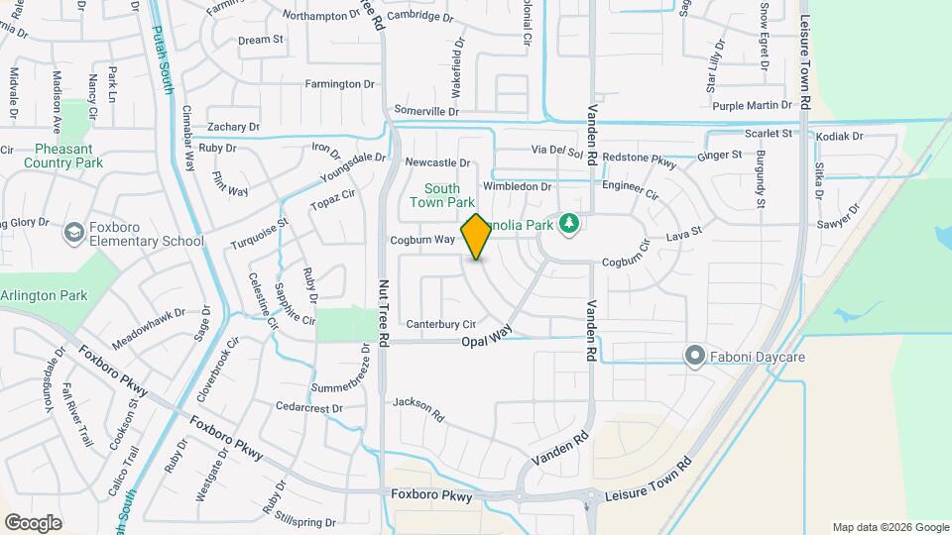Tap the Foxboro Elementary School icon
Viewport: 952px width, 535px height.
coord(72,233)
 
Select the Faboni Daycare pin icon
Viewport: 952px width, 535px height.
coord(695,355)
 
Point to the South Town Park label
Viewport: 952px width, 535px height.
coord(442,195)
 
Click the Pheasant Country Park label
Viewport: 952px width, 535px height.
coord(63,155)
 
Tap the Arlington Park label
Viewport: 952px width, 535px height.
coord(44,295)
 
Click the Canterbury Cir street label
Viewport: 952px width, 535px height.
coord(435,323)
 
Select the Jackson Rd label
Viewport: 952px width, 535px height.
coord(416,403)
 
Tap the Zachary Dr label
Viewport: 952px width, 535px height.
coord(233,127)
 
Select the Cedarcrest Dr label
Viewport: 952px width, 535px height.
coord(308,407)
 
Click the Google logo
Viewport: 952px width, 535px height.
coord(33,522)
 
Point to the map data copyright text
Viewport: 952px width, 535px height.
coord(890,527)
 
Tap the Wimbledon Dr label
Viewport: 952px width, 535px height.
coord(517,186)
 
